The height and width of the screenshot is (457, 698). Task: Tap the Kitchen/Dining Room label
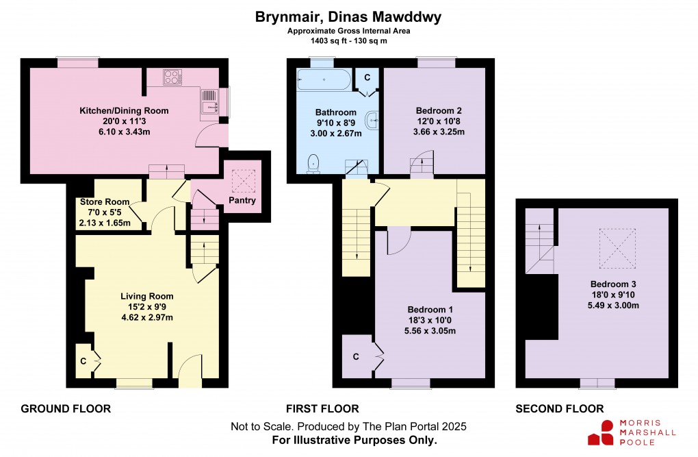pos(124,110)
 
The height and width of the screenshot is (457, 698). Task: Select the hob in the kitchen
pos(172,77)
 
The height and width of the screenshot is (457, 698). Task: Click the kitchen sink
pos(209,101)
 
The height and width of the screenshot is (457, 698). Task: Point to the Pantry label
pos(243,201)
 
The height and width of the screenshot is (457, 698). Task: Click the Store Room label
pos(104,202)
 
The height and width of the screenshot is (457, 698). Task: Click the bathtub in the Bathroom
pos(324,81)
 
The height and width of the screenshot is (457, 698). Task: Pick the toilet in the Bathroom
pos(313,163)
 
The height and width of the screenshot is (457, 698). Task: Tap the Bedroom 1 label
pos(430,310)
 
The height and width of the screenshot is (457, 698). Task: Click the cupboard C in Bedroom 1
pos(356,356)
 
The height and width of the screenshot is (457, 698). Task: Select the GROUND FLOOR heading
pos(66,409)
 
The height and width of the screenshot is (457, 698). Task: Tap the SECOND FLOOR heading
pos(560,409)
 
